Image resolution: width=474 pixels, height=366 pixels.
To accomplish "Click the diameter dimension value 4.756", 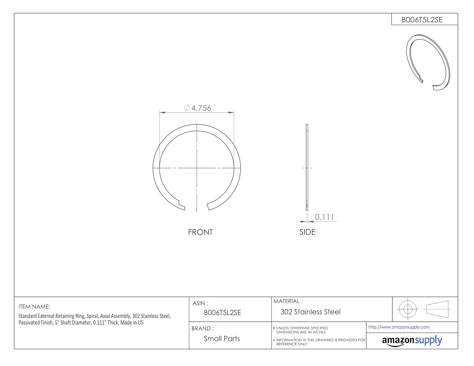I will [201, 108].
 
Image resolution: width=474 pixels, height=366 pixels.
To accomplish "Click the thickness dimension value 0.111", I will [325, 217].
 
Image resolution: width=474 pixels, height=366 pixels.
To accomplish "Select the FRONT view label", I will [200, 232].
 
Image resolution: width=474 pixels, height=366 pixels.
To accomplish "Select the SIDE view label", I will [307, 232].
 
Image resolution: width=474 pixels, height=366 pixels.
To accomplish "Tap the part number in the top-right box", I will [422, 20].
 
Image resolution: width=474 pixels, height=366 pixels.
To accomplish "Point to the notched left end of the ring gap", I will [181, 206].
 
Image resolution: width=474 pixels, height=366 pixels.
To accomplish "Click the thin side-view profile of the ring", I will [307, 167].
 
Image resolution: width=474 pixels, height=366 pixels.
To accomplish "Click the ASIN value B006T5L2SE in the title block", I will [222, 313].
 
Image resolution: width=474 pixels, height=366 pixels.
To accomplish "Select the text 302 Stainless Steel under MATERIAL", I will [310, 312].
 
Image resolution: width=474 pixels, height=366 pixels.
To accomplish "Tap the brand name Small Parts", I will [222, 339].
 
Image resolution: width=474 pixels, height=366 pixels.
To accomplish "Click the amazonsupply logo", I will [412, 341].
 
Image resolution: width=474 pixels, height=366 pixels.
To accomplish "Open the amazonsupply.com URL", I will [399, 327].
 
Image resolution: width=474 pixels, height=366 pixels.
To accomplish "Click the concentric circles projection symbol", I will [408, 309].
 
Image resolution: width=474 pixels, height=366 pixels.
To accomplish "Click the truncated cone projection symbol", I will [438, 309].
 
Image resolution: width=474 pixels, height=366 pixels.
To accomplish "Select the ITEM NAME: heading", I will [34, 307].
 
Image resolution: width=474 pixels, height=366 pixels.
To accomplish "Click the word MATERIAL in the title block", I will [286, 301].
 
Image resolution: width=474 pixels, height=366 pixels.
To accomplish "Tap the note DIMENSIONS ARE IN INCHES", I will [301, 332].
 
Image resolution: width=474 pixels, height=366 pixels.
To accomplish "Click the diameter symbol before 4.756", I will [187, 108].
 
